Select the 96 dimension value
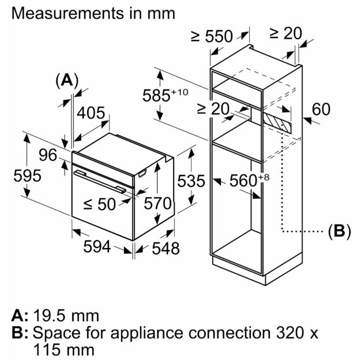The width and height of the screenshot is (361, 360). coord(48,155)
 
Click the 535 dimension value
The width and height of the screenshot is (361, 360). coord(191,181)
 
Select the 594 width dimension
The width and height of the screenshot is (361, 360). coord(96,246)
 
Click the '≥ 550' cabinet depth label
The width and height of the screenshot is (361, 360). coord(212,36)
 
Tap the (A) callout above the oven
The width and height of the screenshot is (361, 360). coord(67,80)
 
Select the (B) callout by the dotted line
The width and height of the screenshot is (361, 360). coord(339,231)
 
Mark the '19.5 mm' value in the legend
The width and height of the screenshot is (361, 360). coord(65,316)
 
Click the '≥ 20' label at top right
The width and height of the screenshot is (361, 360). coord(285,33)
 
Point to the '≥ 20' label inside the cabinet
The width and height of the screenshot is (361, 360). coord(213,108)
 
